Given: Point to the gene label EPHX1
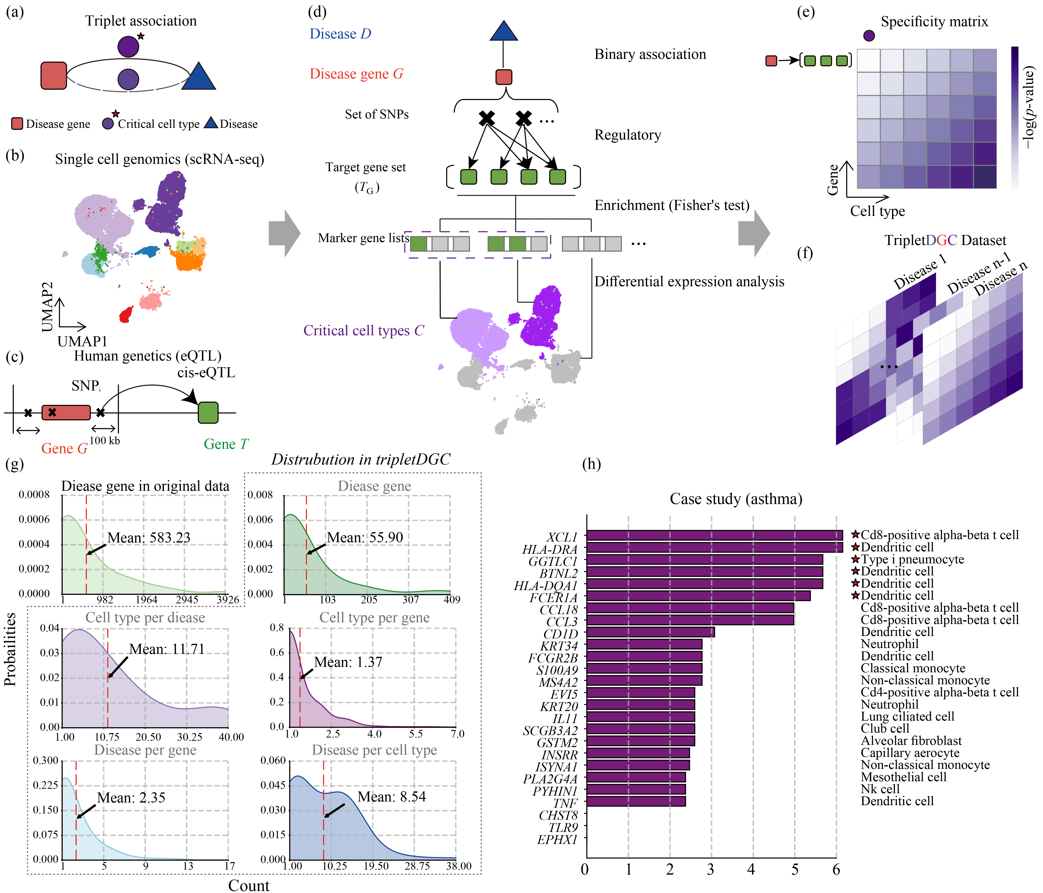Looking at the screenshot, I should point(557,840).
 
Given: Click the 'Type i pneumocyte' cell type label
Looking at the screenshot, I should point(912,559).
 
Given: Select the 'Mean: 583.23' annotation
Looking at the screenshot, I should point(149,538).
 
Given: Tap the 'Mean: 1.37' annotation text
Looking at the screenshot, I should point(348,662).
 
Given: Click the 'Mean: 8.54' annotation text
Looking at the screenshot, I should point(392,797).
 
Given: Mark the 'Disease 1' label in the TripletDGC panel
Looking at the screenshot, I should point(920,272).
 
